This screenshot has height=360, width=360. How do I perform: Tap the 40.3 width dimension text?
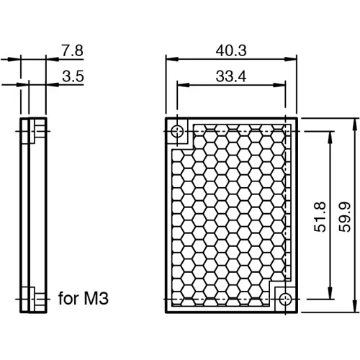231,50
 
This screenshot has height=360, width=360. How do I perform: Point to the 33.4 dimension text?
231,75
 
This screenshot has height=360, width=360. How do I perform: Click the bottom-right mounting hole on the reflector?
286,299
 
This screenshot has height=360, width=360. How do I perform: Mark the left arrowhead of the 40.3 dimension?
170,60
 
